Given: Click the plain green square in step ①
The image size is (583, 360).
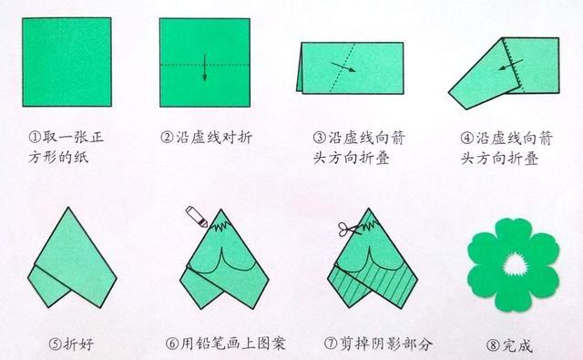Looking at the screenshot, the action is click(66, 62).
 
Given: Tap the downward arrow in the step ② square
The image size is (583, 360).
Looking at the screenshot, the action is click(204, 67).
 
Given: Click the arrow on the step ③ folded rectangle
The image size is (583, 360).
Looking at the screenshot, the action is click(343, 67).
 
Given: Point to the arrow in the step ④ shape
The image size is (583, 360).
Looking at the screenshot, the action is click(511, 65).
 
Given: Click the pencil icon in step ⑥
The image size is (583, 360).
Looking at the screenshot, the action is click(197, 217).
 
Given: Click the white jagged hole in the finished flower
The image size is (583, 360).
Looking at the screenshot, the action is click(515, 265).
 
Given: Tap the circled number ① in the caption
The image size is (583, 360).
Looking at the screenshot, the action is click(35, 138).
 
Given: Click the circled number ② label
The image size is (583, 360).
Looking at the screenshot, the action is click(167, 138).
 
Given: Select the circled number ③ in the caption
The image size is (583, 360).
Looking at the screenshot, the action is click(320, 138).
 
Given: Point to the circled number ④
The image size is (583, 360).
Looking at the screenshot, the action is click(467, 138).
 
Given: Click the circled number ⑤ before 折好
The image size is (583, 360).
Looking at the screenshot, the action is click(55, 344).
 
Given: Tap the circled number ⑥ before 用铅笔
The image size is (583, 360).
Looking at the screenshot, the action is click(172, 344).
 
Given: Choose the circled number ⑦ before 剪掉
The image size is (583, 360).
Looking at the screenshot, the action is click(331, 344).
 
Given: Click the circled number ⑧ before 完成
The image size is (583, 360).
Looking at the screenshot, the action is click(494, 345).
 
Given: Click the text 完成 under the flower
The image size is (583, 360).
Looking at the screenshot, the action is click(517, 345).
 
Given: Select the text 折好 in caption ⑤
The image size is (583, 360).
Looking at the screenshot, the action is click(78, 344).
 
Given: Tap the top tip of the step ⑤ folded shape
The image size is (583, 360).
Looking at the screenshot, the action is click(68, 208).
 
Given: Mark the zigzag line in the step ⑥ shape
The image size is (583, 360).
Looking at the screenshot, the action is click(220, 224).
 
